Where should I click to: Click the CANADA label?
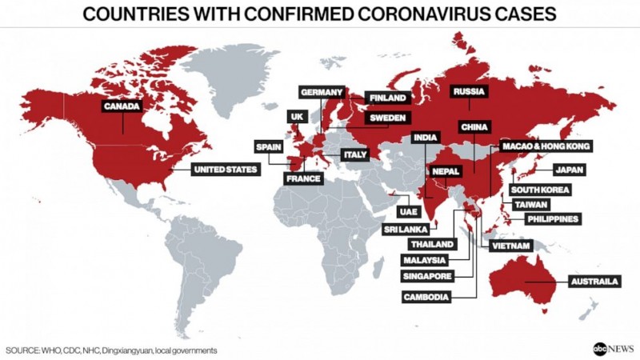pos(122,105)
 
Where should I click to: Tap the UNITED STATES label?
pos(226,170)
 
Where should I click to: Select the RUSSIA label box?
pos(468,92)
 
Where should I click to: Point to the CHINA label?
pos(474,126)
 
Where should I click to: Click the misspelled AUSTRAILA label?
pos(593,282)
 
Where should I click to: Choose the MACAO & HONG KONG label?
pos(546,146)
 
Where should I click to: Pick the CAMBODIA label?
pos(427,297)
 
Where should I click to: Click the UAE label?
pos(406,212)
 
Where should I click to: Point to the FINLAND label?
pos(387,98)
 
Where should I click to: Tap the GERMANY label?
pos(322,92)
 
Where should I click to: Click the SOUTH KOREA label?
pos(540,190)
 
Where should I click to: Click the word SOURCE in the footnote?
pos(24,350)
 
